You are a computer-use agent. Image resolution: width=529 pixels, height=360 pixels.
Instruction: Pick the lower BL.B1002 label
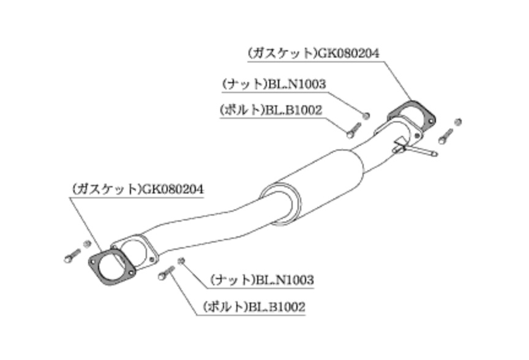click(276, 306)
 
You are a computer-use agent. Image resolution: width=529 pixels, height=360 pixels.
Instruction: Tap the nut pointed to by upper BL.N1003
click(366, 114)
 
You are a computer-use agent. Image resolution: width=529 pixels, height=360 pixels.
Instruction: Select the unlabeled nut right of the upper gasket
click(458, 122)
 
